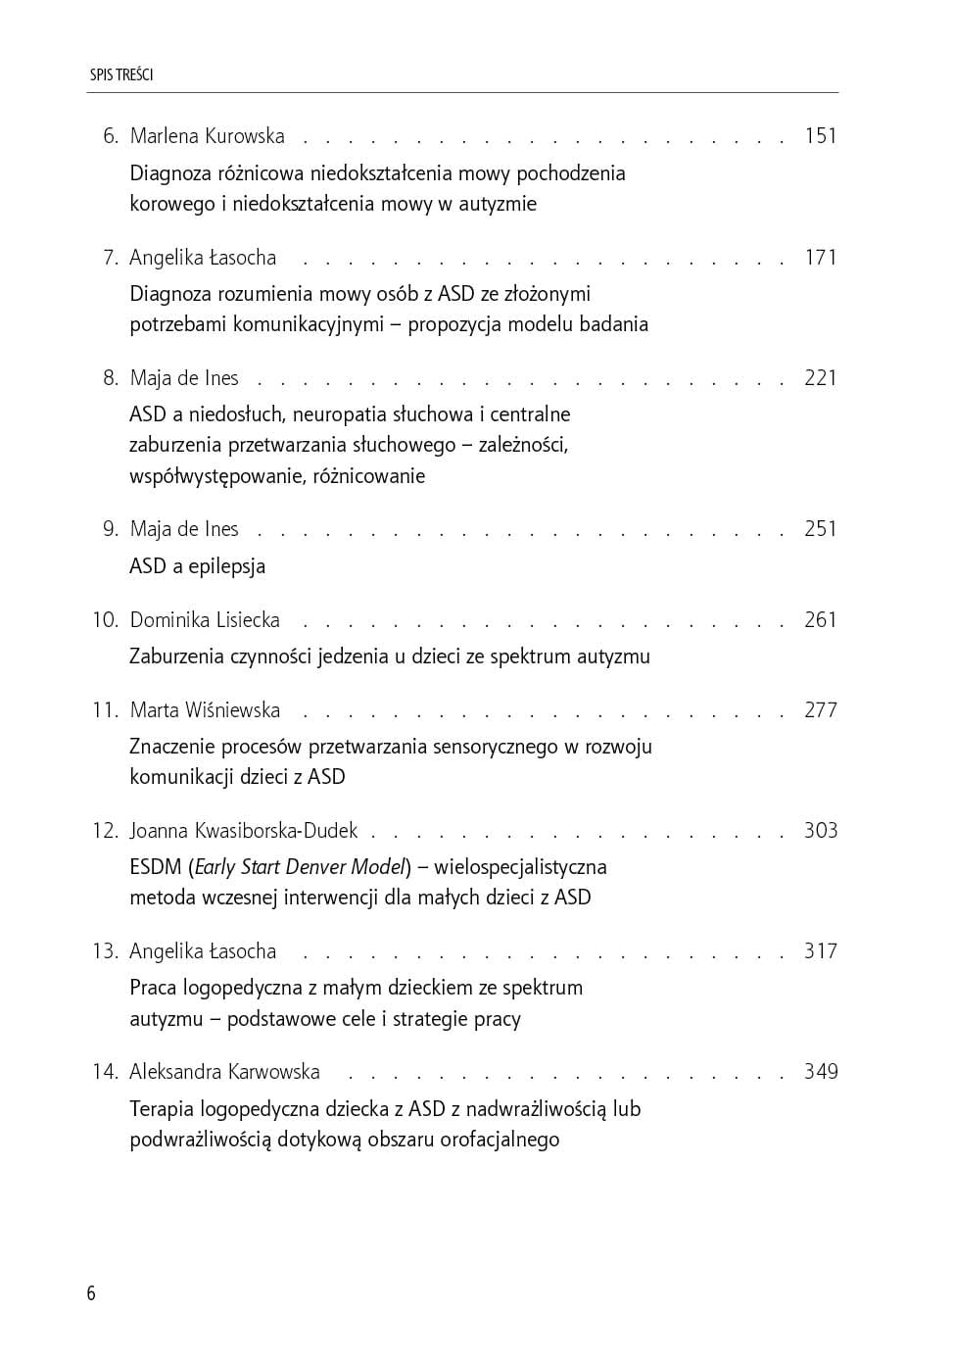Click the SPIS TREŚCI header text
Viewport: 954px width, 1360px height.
pyautogui.click(x=121, y=74)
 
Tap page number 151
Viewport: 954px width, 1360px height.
pyautogui.click(x=820, y=136)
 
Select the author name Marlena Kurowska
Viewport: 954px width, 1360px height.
pyautogui.click(x=207, y=136)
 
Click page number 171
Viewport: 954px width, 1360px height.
pyautogui.click(x=820, y=258)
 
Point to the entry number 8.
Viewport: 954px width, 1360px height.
pyautogui.click(x=110, y=378)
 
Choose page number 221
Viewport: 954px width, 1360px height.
pyautogui.click(x=820, y=378)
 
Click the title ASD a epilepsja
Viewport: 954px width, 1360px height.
pyautogui.click(x=197, y=566)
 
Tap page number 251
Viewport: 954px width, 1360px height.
pyautogui.click(x=820, y=529)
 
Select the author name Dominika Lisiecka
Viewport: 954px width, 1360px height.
pyautogui.click(x=205, y=620)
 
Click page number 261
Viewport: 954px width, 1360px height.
pyautogui.click(x=820, y=620)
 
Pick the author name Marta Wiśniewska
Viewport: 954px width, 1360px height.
pyautogui.click(x=205, y=710)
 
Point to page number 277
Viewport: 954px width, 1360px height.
pyautogui.click(x=820, y=710)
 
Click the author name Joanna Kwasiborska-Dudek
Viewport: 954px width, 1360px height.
pyautogui.click(x=244, y=831)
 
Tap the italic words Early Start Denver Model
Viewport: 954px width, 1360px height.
pyautogui.click(x=300, y=867)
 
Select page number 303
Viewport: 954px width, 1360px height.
pyautogui.click(x=820, y=831)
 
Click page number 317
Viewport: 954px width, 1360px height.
pyautogui.click(x=820, y=951)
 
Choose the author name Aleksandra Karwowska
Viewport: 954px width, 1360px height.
pyautogui.click(x=224, y=1072)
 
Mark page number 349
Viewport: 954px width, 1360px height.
pyautogui.click(x=820, y=1072)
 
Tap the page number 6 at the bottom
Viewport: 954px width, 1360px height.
pyautogui.click(x=91, y=1293)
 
